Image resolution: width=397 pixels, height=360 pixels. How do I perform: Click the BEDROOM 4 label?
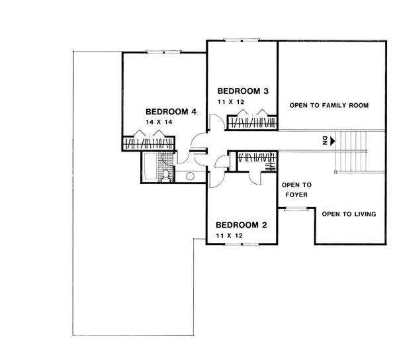click(171, 112)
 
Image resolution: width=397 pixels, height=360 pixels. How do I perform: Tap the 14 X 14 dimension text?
click(159, 122)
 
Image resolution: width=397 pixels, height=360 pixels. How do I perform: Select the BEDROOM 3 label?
click(243, 91)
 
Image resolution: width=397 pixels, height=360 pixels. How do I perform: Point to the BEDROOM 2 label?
click(242, 225)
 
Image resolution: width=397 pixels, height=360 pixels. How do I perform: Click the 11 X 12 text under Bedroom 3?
click(231, 102)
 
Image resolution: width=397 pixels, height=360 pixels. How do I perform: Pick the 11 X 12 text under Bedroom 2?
click(230, 236)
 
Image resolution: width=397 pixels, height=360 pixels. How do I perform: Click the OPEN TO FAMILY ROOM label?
click(329, 105)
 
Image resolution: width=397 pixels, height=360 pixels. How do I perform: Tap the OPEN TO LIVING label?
click(349, 214)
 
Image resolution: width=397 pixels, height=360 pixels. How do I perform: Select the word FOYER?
click(296, 195)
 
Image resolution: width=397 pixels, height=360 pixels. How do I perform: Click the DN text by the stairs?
click(325, 140)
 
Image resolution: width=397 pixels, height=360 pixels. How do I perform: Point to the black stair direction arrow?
click(332, 140)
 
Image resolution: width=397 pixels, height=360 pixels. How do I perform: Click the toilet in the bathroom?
click(166, 176)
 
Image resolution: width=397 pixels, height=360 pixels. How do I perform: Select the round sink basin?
click(190, 176)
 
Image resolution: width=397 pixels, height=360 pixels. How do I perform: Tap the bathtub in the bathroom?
click(150, 167)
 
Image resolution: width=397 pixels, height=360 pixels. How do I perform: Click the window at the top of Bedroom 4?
click(164, 52)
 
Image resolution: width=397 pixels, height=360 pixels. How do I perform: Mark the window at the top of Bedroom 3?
click(242, 40)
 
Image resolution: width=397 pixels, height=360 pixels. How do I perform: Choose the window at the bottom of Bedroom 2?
click(242, 244)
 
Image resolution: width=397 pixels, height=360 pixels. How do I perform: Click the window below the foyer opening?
click(296, 209)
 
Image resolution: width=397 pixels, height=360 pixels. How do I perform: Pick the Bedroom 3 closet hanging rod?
click(252, 123)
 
